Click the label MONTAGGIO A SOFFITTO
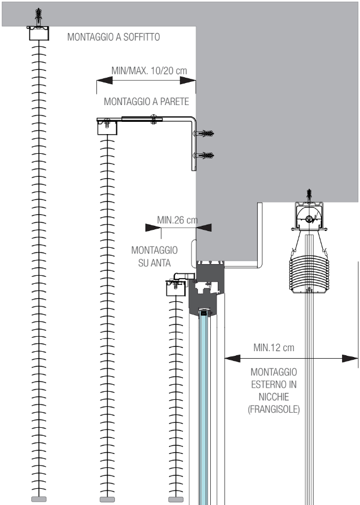tap(113, 37)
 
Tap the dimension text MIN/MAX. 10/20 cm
tap(149, 71)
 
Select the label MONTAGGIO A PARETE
tap(146, 102)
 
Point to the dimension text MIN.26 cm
tap(177, 220)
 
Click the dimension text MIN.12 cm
tap(273, 348)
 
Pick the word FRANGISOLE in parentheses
tap(273, 409)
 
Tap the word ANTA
tap(154, 263)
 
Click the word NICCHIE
tap(273, 397)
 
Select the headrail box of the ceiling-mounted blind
tap(39, 34)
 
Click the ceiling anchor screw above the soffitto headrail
tap(39, 16)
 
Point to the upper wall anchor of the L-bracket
tap(204, 134)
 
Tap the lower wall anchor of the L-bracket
tap(204, 156)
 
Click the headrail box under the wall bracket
tap(107, 127)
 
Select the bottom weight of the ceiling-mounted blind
tap(39, 499)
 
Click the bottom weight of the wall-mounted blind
tap(107, 500)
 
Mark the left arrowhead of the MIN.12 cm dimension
tap(232, 358)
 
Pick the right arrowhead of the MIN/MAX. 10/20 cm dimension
tap(188, 81)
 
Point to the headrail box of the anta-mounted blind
tap(176, 288)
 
